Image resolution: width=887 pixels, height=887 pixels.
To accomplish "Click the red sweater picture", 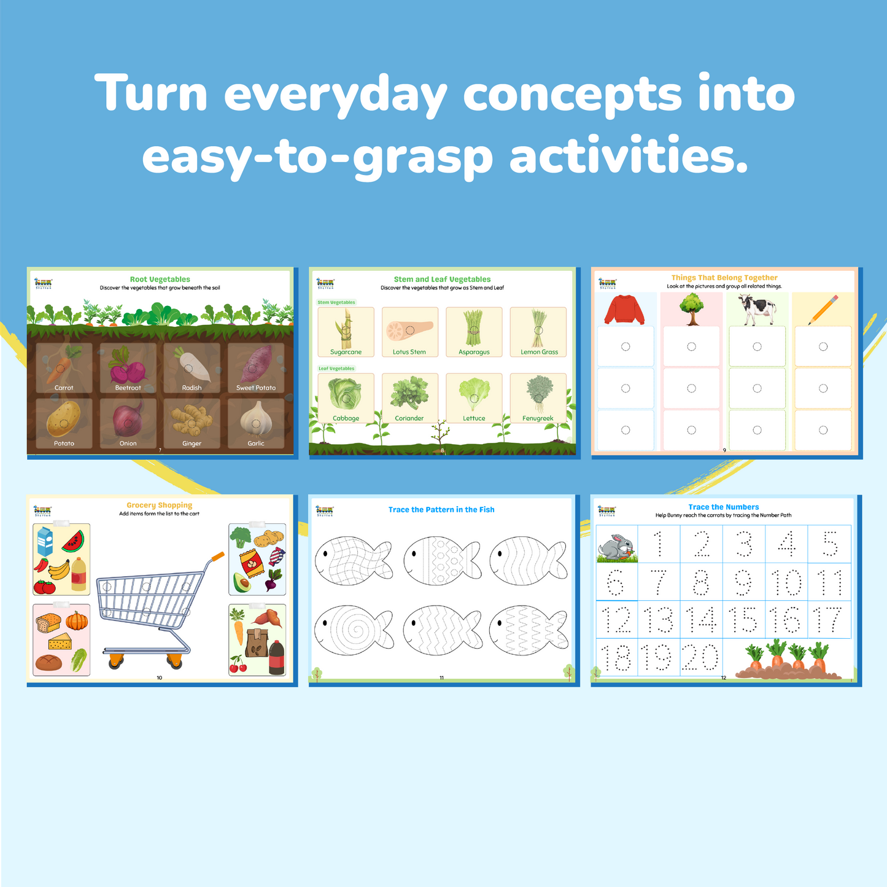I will point(624,309).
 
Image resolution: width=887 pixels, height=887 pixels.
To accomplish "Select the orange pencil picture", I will point(823,310).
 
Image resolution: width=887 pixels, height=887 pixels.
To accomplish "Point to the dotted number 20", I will point(700,657).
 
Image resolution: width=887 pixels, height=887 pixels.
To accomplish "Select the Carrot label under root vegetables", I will point(64,388).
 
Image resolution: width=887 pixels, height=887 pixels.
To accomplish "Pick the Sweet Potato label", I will point(256,388).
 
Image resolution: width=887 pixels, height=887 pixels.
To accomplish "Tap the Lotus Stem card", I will point(409,332).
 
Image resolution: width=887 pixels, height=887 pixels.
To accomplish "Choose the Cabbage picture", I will point(345,394).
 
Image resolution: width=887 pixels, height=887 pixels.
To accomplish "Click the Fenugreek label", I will point(538,418).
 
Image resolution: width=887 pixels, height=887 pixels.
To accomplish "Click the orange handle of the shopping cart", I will point(217,557).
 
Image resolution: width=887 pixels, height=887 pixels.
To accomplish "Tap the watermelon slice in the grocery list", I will point(72,541).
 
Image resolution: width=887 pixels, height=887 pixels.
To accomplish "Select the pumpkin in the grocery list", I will point(77,620).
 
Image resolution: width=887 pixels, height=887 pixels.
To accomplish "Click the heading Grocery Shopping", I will point(160,505).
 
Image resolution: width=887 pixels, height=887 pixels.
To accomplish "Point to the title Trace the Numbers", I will point(723,507).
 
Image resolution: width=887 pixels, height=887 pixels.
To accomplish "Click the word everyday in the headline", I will point(335,94).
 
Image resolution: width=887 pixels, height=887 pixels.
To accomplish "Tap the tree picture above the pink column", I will point(692,308).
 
